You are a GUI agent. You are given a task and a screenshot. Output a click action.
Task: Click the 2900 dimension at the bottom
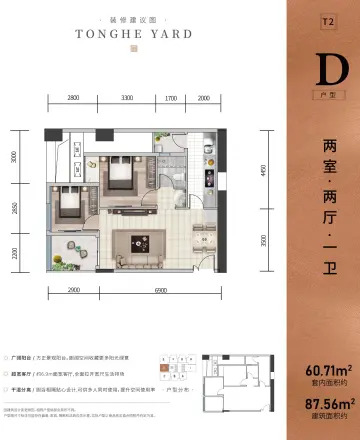(74, 288)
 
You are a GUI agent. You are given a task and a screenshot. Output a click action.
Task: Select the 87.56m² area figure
(321, 412)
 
